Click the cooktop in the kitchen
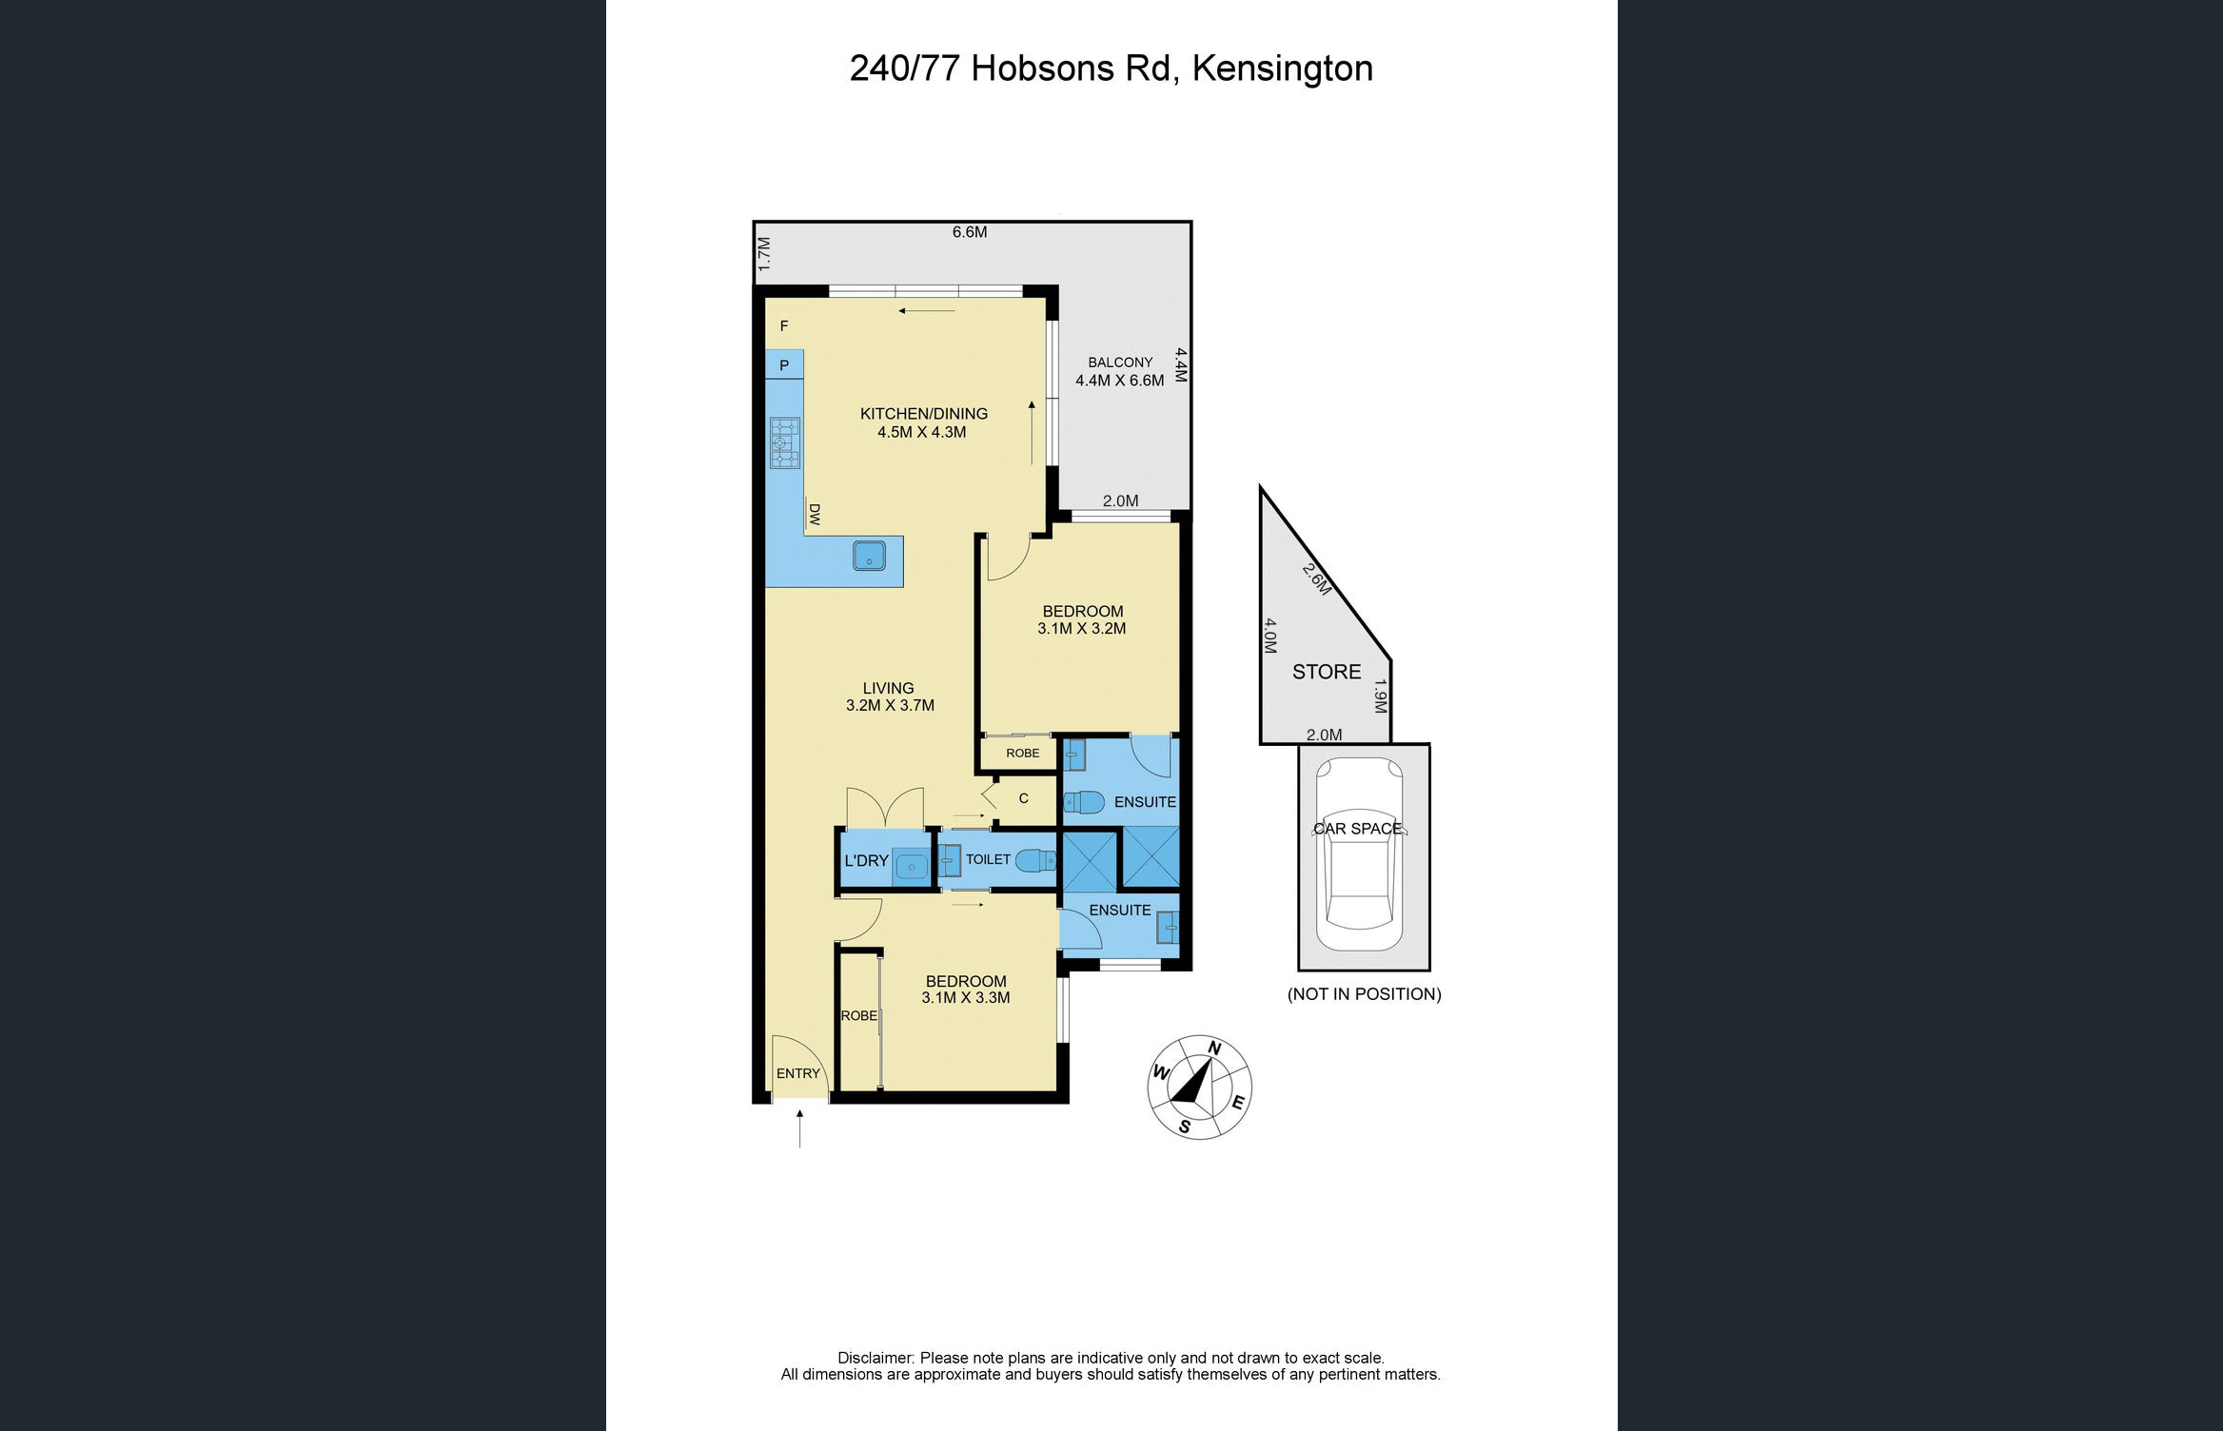click(x=785, y=442)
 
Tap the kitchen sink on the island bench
click(x=869, y=556)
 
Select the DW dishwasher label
click(x=815, y=515)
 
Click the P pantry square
click(x=784, y=365)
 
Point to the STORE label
click(x=1327, y=672)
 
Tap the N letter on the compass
click(x=1214, y=1049)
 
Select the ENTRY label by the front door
click(x=797, y=1073)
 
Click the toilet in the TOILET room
click(x=1035, y=861)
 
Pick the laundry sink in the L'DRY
click(x=912, y=867)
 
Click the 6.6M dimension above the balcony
click(x=970, y=232)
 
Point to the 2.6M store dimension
click(x=1317, y=579)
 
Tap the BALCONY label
click(x=1120, y=363)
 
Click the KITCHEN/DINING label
click(x=924, y=414)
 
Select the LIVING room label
click(x=888, y=688)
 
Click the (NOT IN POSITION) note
click(x=1364, y=994)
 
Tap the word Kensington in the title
click(x=1282, y=69)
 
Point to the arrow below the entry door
click(x=799, y=1128)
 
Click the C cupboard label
click(x=1024, y=798)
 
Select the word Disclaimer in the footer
click(x=875, y=1358)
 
